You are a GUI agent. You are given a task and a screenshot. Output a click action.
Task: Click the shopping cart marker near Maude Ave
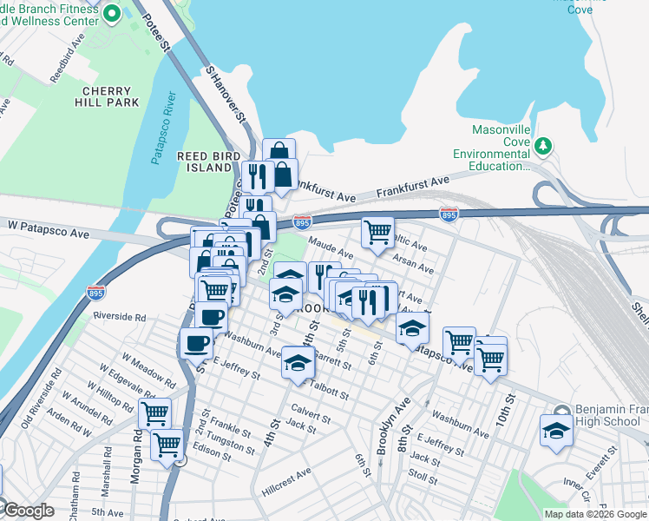tap(377, 233)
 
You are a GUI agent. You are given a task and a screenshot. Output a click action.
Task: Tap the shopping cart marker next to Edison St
tap(167, 445)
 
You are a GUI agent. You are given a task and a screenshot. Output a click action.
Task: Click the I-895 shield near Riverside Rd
tap(95, 293)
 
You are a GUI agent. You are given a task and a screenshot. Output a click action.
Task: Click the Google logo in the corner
tap(28, 511)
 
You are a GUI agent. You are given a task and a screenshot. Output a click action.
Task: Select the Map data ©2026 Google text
tap(593, 514)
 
